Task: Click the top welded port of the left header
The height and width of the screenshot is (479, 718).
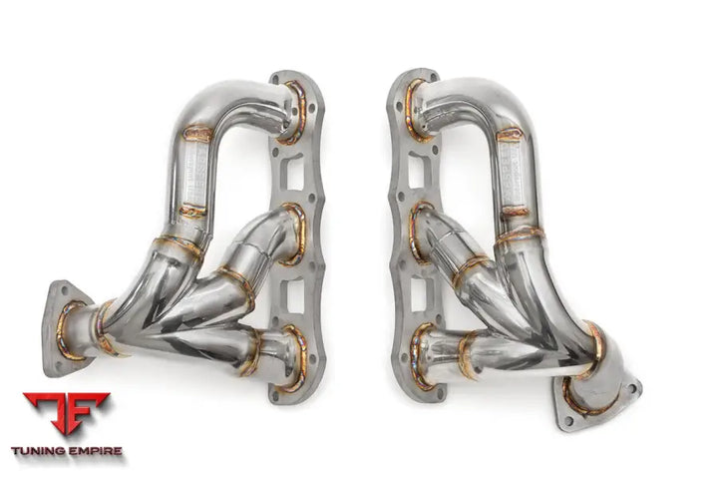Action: coord(294,99)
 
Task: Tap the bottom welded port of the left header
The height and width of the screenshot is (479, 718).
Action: coord(292,357)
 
